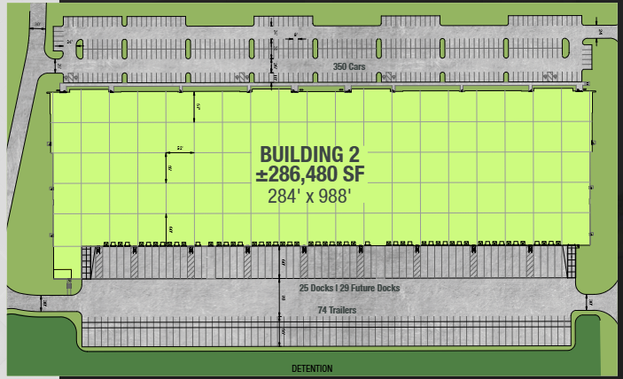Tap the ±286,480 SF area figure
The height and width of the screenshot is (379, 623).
click(x=309, y=174)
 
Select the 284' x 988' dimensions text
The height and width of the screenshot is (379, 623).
click(x=309, y=197)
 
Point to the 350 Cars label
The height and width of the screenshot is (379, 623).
click(x=348, y=66)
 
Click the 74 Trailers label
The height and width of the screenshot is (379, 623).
click(x=337, y=311)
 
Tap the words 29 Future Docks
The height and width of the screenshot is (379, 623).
click(x=370, y=289)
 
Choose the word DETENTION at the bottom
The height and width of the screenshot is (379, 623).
click(x=312, y=368)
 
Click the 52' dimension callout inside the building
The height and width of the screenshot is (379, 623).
click(x=178, y=148)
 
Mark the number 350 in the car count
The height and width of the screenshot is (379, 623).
click(x=340, y=66)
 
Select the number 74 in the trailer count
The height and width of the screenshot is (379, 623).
click(x=323, y=311)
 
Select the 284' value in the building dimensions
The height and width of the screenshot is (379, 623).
click(x=284, y=197)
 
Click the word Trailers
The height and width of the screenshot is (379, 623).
click(x=343, y=311)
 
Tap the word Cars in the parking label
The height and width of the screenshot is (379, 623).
click(x=356, y=66)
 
